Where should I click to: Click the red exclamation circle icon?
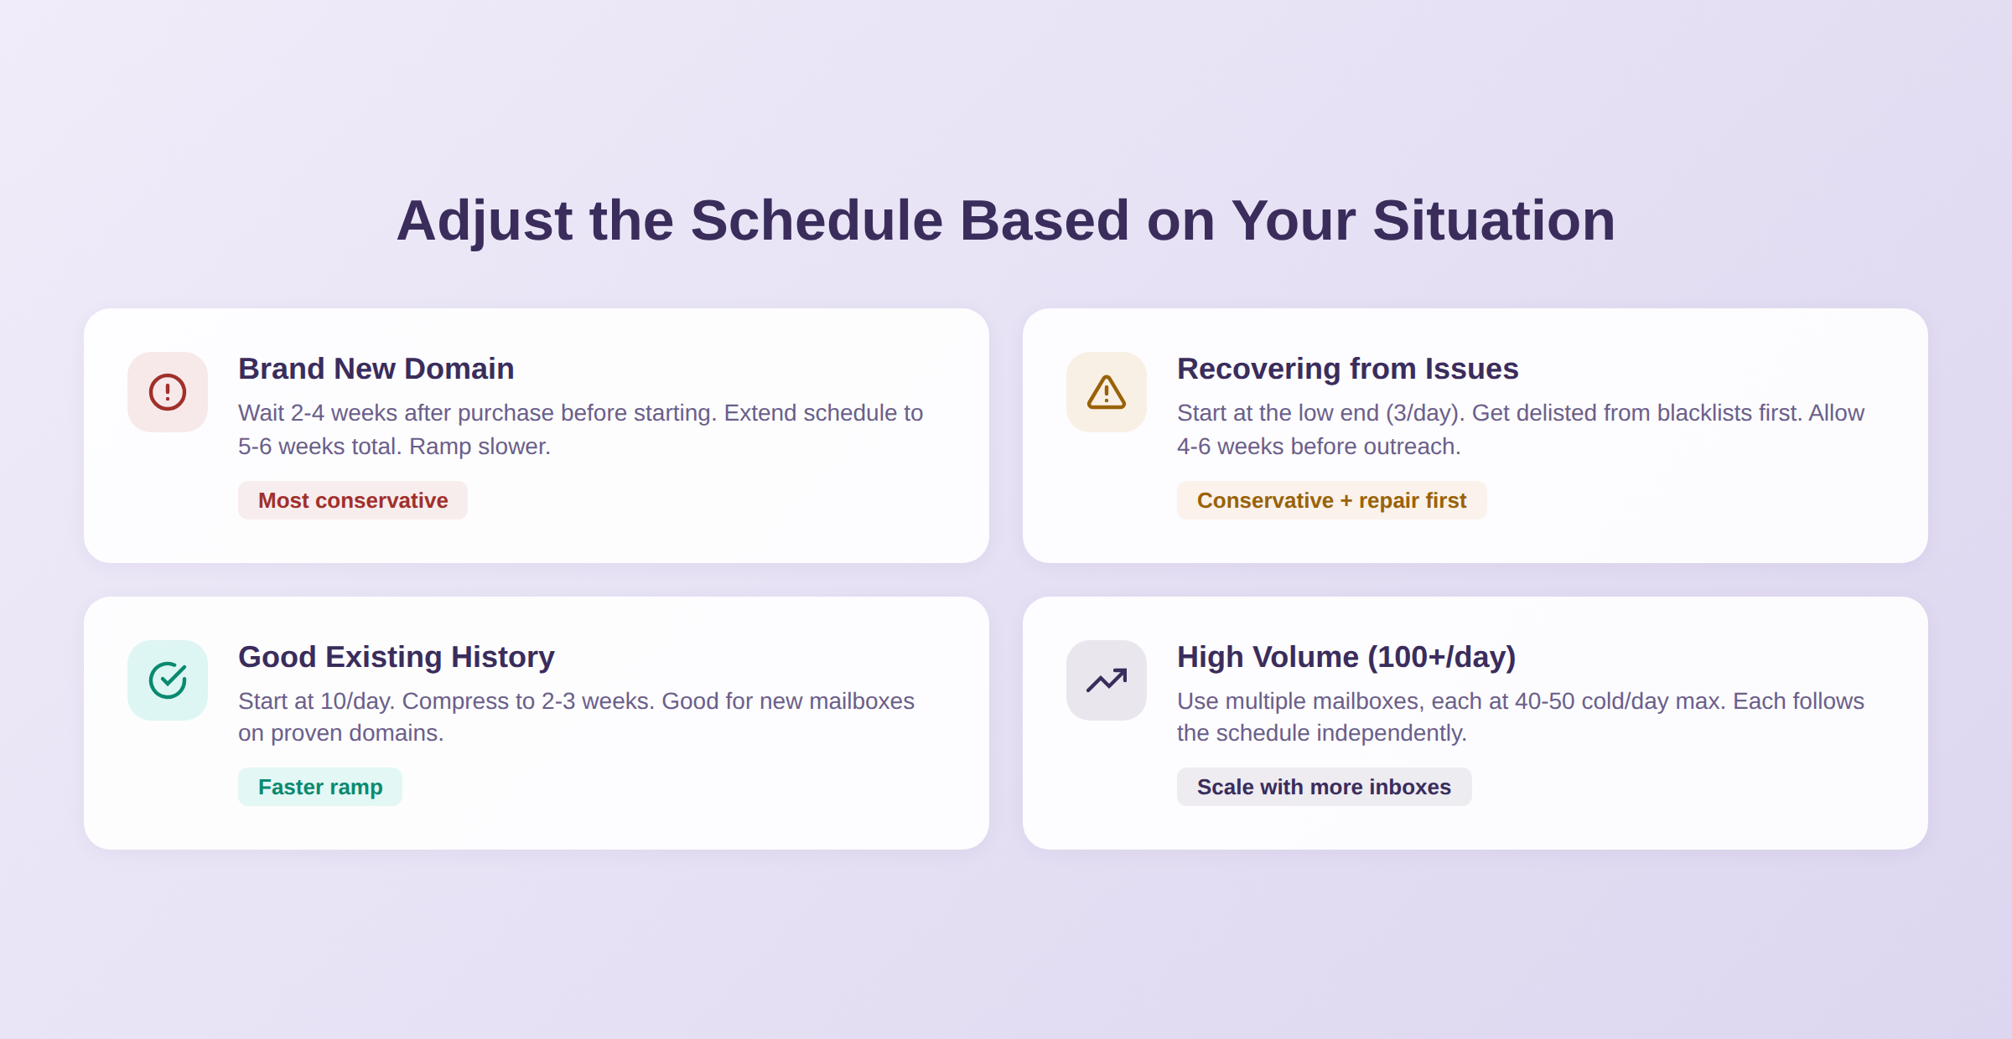point(168,392)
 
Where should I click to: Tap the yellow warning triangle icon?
point(1107,392)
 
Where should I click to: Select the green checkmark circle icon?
point(168,680)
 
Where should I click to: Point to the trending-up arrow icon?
point(1107,680)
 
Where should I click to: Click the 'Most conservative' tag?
point(353,500)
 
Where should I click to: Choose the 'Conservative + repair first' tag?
point(1331,500)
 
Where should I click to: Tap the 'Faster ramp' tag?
point(320,787)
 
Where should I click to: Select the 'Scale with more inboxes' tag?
point(1324,787)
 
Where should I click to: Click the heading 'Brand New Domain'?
point(376,369)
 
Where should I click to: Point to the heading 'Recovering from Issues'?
point(1347,369)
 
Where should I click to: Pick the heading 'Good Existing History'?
point(396,657)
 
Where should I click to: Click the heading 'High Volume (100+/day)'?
point(1346,657)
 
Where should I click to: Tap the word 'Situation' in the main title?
point(1493,221)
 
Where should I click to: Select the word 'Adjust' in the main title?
point(484,221)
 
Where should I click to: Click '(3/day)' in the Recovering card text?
point(1425,413)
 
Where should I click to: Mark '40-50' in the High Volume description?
point(1544,701)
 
